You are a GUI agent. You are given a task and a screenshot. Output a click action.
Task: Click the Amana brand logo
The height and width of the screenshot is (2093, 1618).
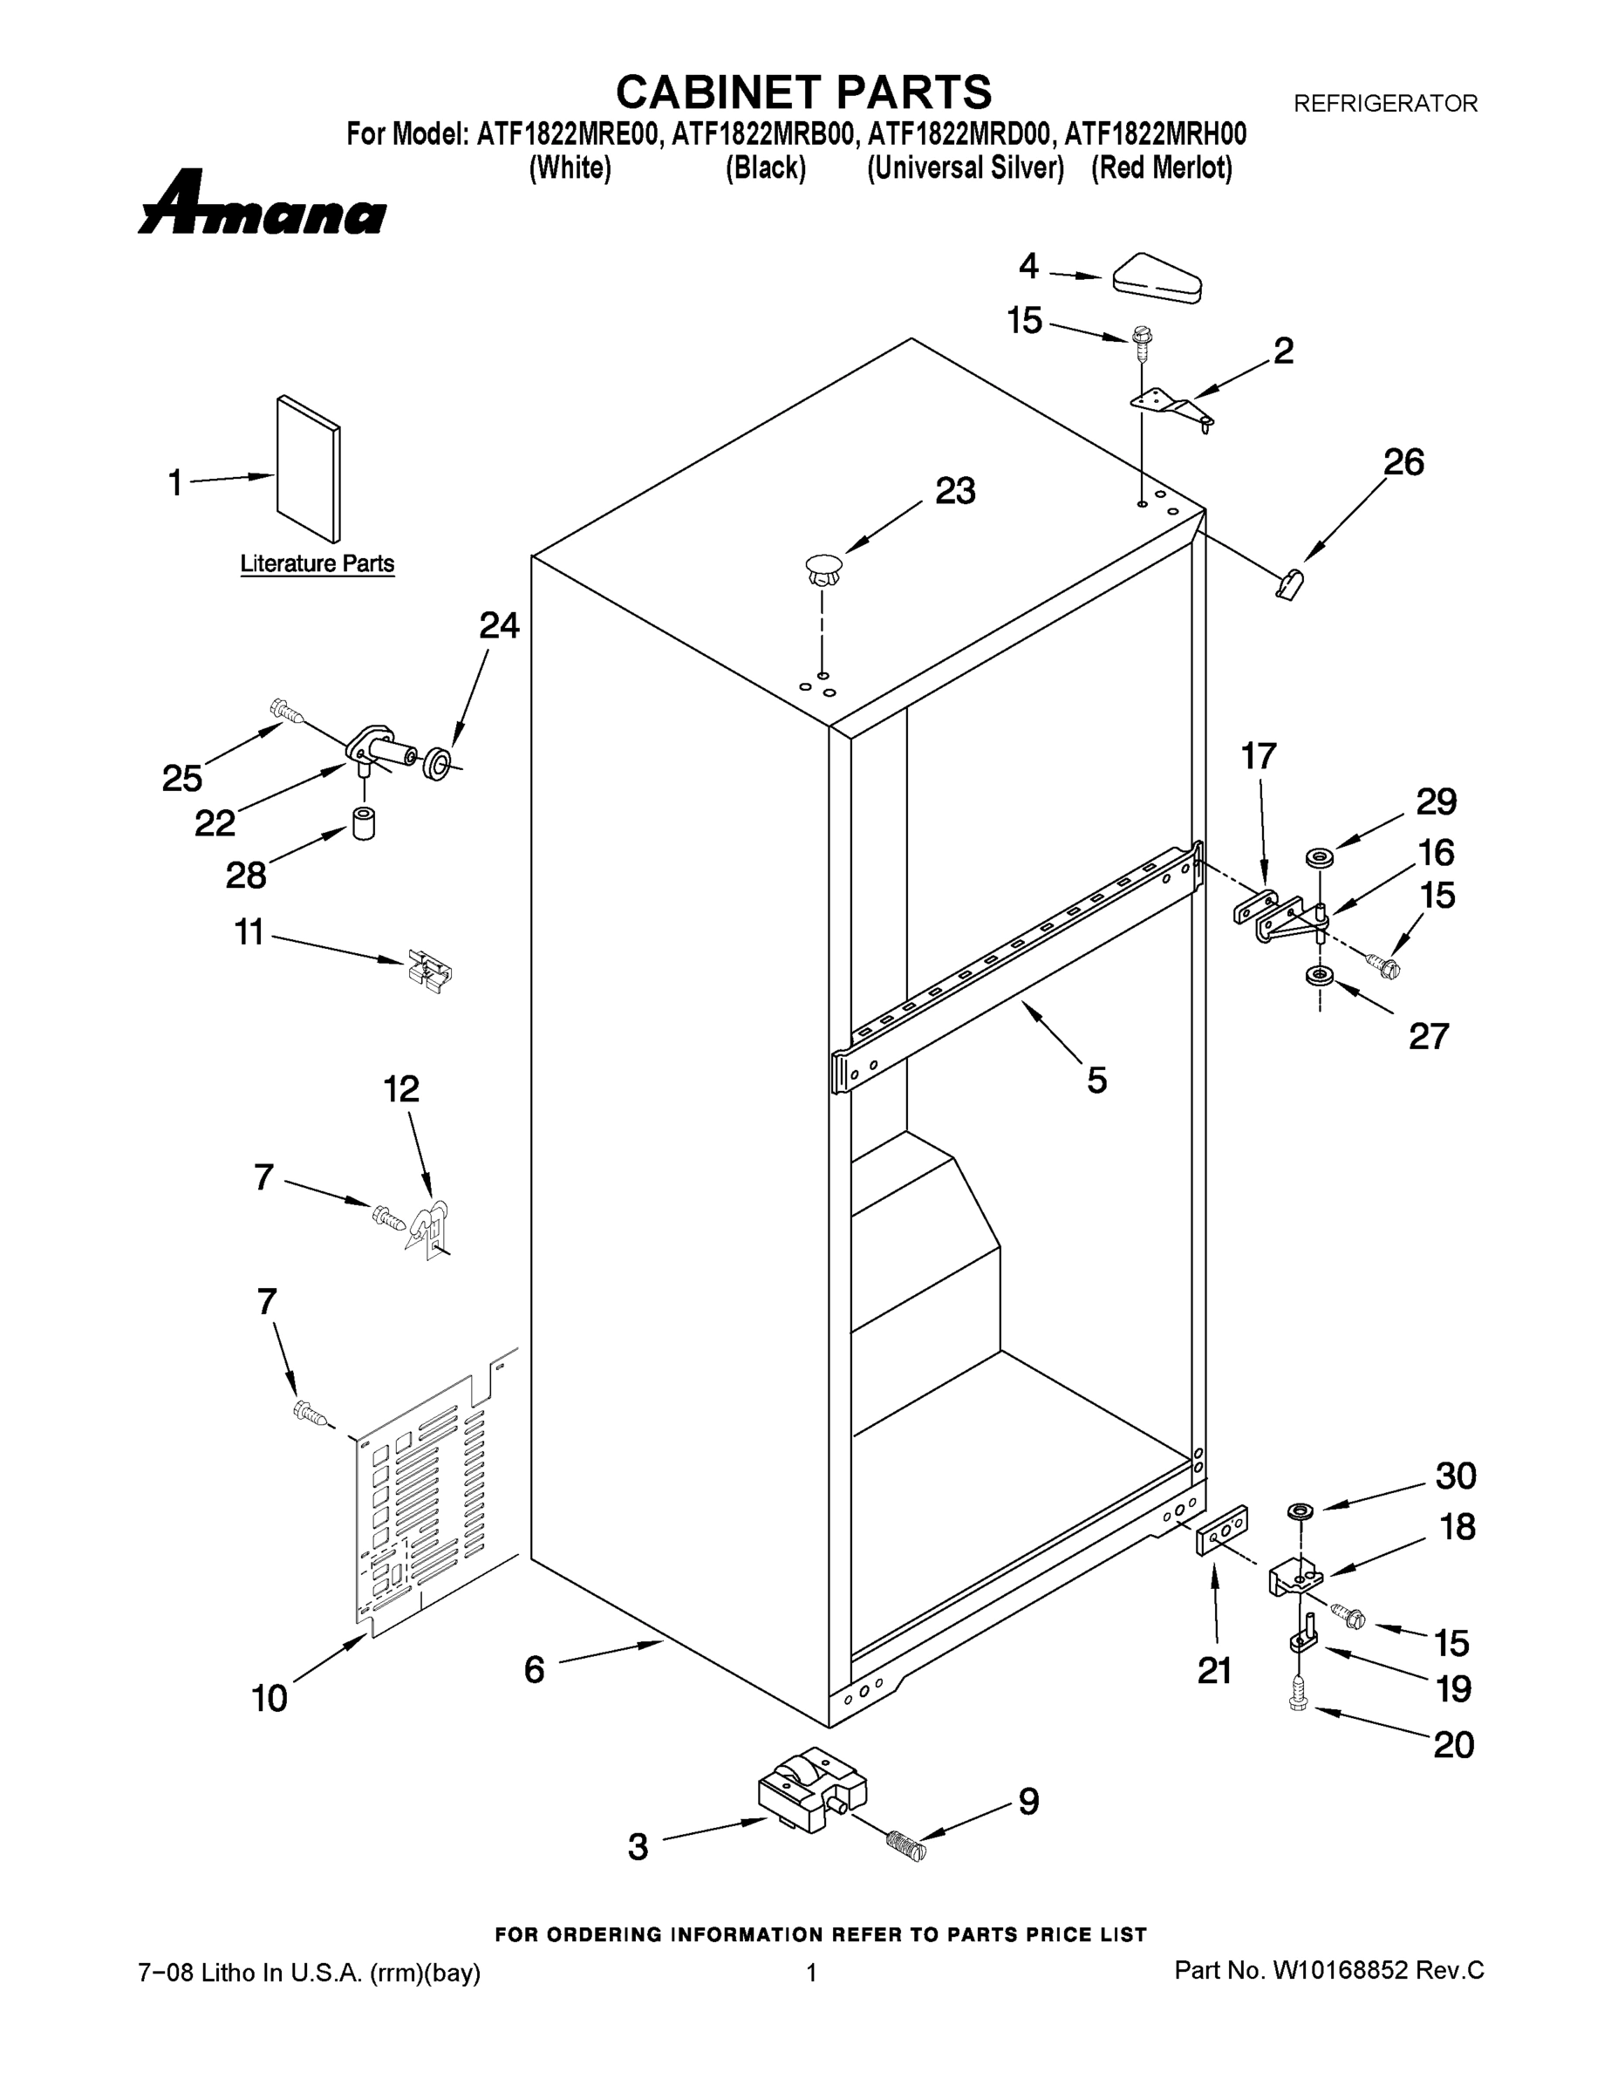(262, 204)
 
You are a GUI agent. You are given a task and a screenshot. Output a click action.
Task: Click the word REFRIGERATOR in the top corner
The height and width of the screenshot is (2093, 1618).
(1385, 104)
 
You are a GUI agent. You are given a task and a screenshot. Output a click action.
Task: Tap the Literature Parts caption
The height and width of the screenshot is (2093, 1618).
(317, 563)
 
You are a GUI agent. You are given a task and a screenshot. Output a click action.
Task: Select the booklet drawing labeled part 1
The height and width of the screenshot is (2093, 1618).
(308, 469)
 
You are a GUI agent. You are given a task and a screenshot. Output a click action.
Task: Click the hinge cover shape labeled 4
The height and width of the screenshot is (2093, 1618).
(1157, 279)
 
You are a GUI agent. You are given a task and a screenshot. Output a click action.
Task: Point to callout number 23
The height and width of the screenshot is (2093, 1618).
(955, 492)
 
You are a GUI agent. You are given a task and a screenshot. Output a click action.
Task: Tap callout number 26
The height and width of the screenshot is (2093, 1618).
(1403, 463)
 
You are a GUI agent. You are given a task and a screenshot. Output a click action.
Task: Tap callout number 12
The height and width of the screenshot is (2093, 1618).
(400, 1089)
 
